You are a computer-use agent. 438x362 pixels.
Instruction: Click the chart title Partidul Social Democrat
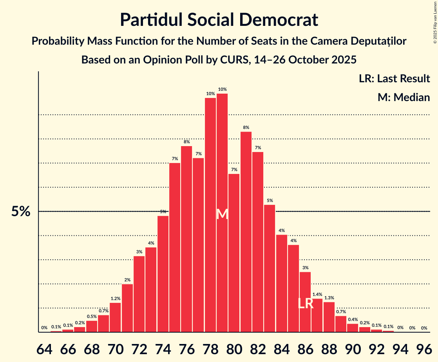(219, 20)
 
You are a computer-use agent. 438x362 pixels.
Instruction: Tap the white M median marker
(222, 214)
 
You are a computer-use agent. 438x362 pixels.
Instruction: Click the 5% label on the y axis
(21, 212)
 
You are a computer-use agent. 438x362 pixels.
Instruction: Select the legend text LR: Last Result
(394, 78)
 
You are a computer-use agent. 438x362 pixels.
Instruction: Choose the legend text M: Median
(404, 97)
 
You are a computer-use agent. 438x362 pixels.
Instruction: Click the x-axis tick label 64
(44, 348)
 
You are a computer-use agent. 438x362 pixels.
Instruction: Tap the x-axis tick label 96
(424, 348)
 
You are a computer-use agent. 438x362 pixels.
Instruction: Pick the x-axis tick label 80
(234, 348)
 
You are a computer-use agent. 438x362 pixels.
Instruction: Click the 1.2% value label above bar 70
(115, 299)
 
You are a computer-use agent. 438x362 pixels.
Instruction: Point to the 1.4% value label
(317, 294)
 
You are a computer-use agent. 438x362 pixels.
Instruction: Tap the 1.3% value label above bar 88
(329, 298)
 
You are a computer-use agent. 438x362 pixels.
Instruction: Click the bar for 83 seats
(270, 268)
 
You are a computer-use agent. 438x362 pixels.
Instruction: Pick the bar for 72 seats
(139, 294)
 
